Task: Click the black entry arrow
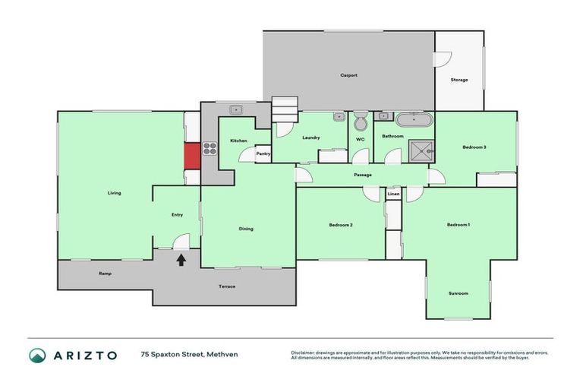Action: [181, 261]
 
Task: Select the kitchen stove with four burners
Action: [210, 150]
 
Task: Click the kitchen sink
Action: [236, 109]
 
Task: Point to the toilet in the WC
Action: [361, 121]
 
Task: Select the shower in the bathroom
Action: [420, 151]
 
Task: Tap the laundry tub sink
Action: [338, 118]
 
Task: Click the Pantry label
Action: [263, 153]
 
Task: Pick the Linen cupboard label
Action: [393, 194]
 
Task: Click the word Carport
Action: [348, 75]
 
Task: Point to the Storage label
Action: [459, 80]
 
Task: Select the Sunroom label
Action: [458, 293]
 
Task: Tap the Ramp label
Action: [105, 273]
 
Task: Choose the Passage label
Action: [362, 176]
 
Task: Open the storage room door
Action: [443, 59]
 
